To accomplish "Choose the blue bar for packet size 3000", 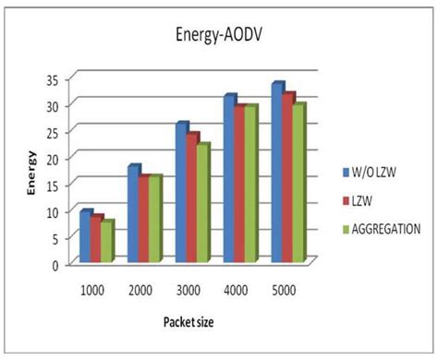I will coord(182,194).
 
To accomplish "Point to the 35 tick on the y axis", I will coord(57,79).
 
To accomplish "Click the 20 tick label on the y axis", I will coord(57,159).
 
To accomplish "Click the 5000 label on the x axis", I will coord(282,290).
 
